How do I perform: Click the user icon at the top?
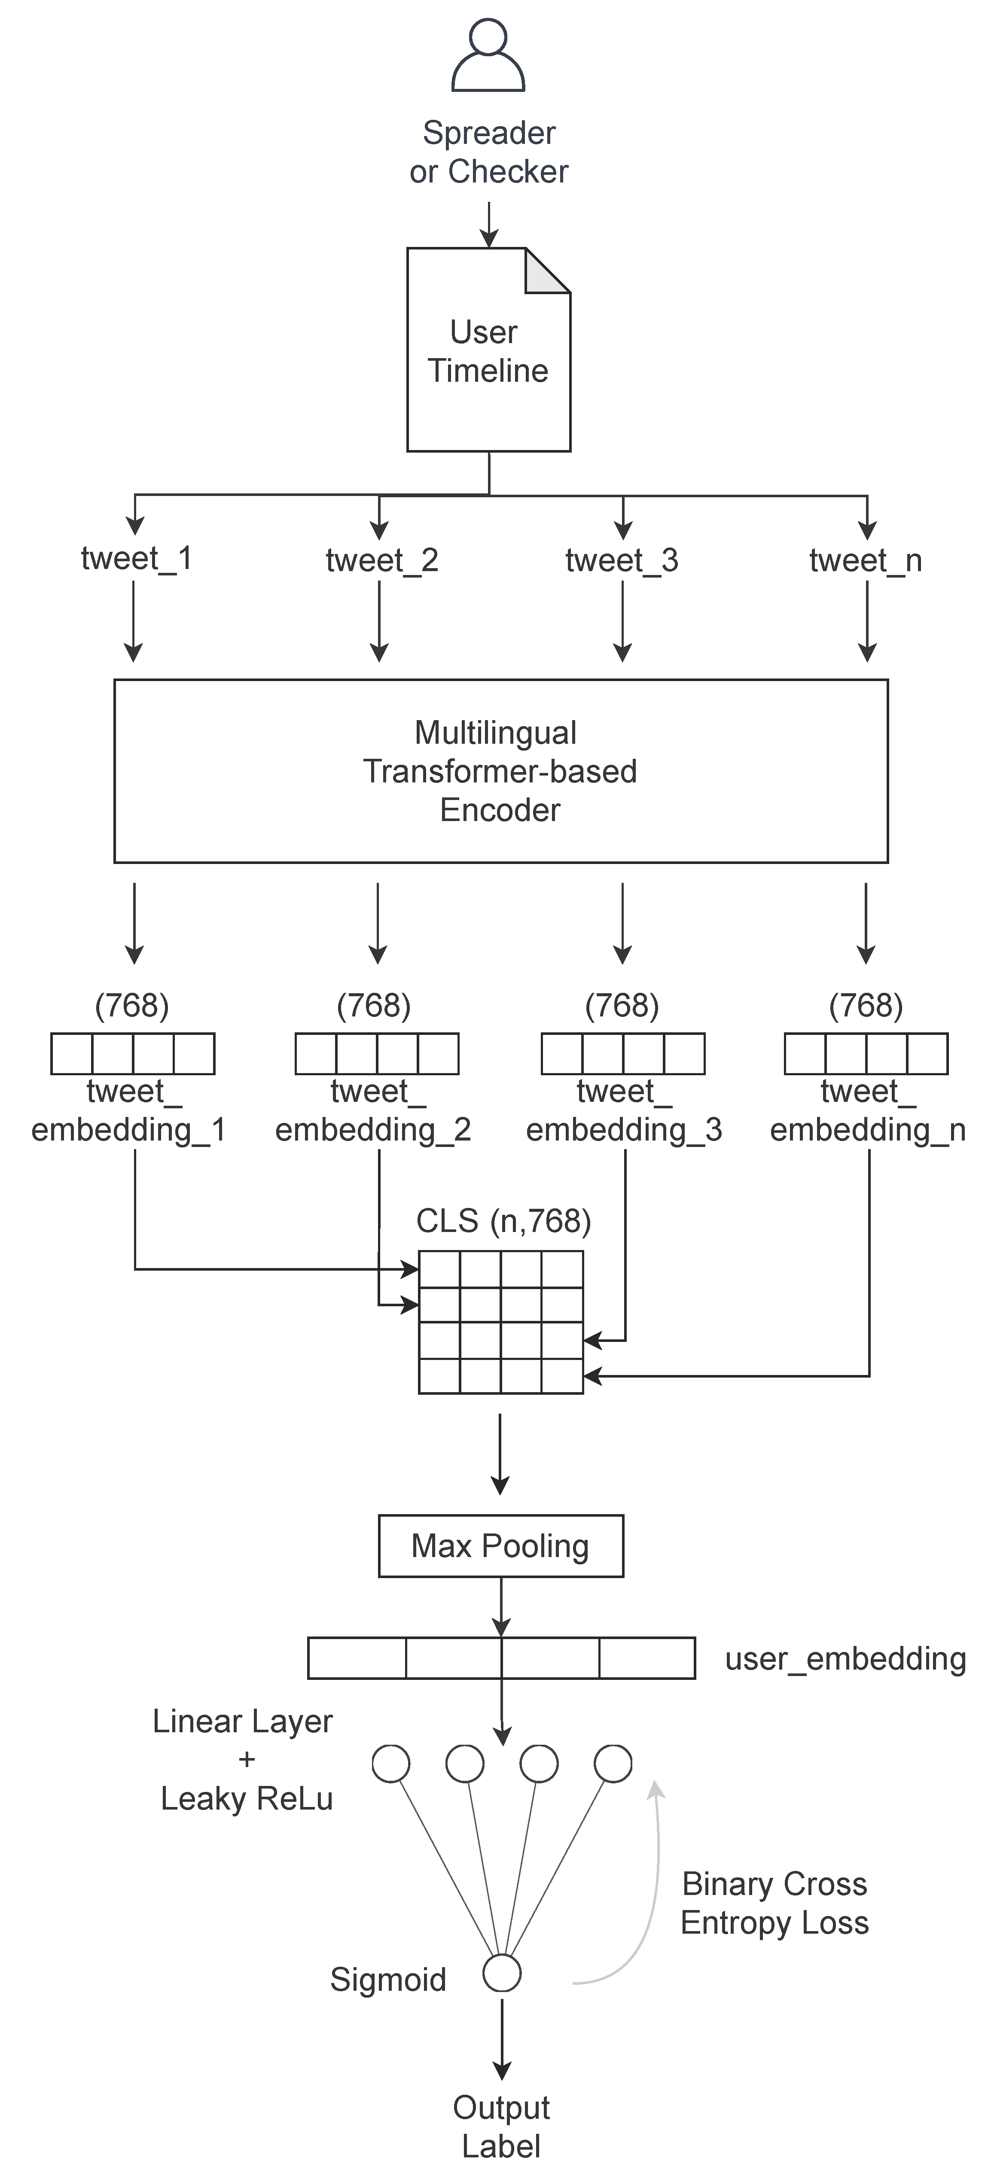(x=489, y=56)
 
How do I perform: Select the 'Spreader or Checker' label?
(x=489, y=152)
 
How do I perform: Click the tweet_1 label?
(x=136, y=558)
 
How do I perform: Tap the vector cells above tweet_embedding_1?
(x=133, y=1053)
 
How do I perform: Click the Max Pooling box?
(x=500, y=1545)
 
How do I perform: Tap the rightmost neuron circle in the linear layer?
(x=613, y=1764)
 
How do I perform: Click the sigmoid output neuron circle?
(x=501, y=1974)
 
